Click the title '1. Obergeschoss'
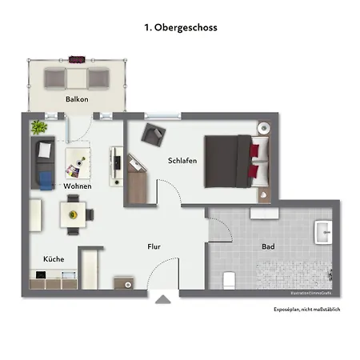(x=180, y=27)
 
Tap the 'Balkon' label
(x=77, y=99)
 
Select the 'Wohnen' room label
(x=78, y=186)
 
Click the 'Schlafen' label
(x=182, y=160)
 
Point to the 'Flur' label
(x=154, y=247)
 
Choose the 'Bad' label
(x=268, y=247)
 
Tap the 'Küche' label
(x=54, y=260)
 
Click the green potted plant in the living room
(x=38, y=126)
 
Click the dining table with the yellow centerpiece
(x=74, y=214)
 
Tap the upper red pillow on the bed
(x=255, y=150)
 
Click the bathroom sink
(x=323, y=232)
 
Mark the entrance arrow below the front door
(x=163, y=300)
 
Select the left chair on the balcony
(x=55, y=77)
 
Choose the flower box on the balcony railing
(x=78, y=58)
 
